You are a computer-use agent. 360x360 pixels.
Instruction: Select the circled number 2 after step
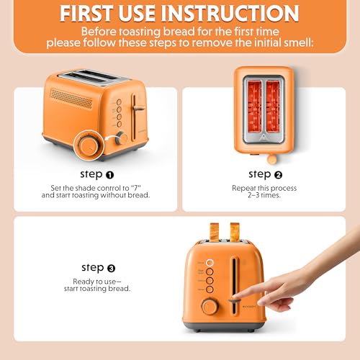tap(279, 174)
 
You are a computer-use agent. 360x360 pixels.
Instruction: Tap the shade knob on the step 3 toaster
tap(210, 306)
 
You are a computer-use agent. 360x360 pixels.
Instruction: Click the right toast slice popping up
tap(235, 230)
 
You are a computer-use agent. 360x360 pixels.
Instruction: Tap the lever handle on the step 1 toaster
tap(138, 108)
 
